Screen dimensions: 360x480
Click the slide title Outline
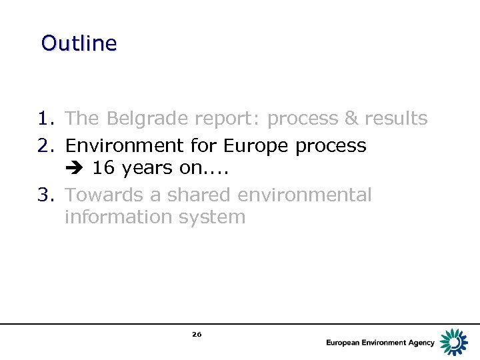[79, 43]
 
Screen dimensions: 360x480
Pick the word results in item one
[396, 119]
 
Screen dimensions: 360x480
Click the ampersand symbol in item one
[351, 119]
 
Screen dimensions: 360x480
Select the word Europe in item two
[257, 145]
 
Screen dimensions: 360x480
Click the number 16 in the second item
[103, 168]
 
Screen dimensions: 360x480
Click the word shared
[197, 195]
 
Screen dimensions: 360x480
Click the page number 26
[197, 334]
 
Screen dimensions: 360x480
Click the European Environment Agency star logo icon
[454, 341]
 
